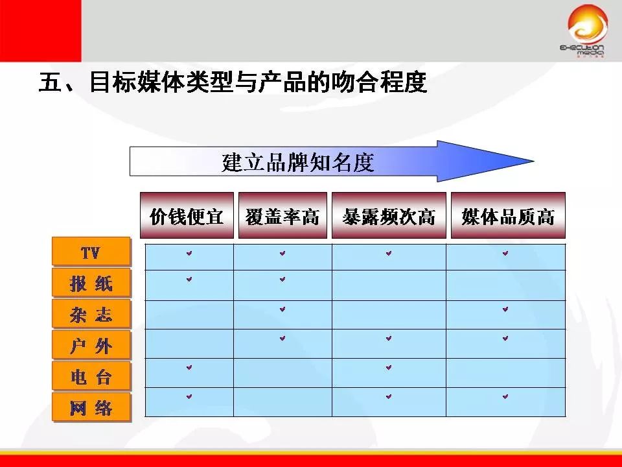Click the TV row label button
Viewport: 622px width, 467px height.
[91, 252]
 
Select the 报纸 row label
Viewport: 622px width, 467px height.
[91, 283]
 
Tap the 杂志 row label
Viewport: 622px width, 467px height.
[91, 314]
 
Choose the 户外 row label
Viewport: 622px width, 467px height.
[91, 345]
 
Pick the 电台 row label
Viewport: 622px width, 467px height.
[91, 376]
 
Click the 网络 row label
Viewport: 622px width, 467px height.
[91, 407]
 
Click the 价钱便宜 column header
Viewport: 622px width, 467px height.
[187, 216]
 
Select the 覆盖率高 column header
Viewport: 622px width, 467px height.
[282, 216]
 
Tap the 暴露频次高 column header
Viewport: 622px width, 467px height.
[389, 216]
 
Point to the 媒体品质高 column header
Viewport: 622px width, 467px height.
[508, 216]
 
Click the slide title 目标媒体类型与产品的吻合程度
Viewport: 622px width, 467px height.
[233, 84]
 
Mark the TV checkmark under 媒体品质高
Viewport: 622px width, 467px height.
[505, 254]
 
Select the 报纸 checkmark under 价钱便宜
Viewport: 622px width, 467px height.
[189, 280]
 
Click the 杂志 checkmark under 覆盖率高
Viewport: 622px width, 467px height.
[282, 309]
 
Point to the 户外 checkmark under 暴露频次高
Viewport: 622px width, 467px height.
[389, 338]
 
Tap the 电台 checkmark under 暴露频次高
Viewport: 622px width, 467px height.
[389, 367]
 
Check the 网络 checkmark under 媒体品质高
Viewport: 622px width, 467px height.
[505, 396]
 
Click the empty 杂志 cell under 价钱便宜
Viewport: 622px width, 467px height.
[189, 315]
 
